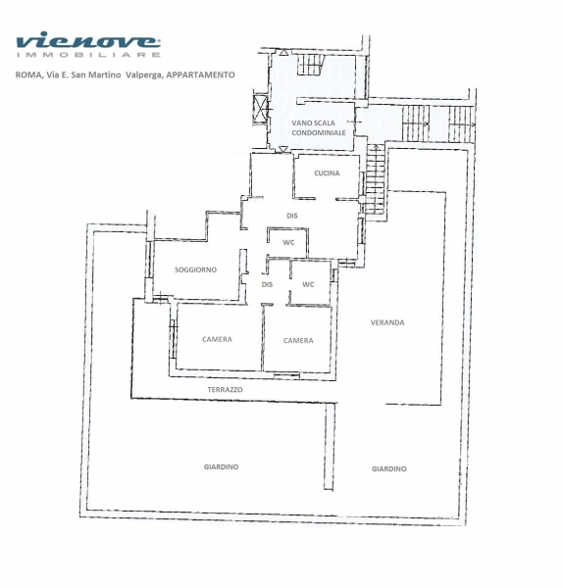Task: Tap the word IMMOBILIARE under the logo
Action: point(88,55)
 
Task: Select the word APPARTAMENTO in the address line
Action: point(200,74)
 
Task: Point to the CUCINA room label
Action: point(327,172)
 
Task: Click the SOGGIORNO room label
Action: point(195,269)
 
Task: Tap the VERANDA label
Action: point(387,322)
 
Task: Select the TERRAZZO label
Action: point(225,390)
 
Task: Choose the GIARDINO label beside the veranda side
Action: point(388,468)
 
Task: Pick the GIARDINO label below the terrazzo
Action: point(221,466)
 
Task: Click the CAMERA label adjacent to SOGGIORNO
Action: point(217,339)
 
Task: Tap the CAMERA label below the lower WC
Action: point(298,340)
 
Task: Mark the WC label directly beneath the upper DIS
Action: point(288,243)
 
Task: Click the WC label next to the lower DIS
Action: point(308,284)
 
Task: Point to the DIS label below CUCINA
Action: point(292,216)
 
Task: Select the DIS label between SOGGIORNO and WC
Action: point(267,284)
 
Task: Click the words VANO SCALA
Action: point(313,123)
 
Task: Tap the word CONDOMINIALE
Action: point(319,132)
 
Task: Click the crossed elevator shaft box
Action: point(261,109)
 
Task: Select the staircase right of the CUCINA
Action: point(376,179)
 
